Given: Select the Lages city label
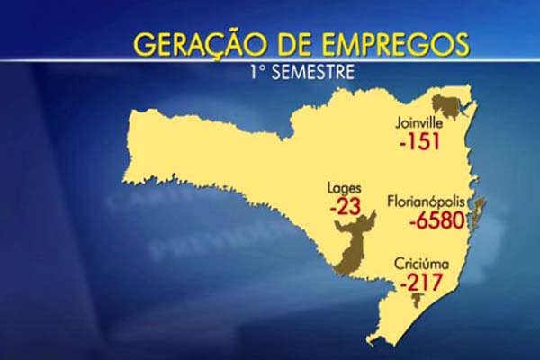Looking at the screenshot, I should [346, 188].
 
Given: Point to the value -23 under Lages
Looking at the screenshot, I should [346, 206].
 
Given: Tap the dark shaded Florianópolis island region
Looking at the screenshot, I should [478, 214].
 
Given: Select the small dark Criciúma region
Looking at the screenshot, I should [417, 300].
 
